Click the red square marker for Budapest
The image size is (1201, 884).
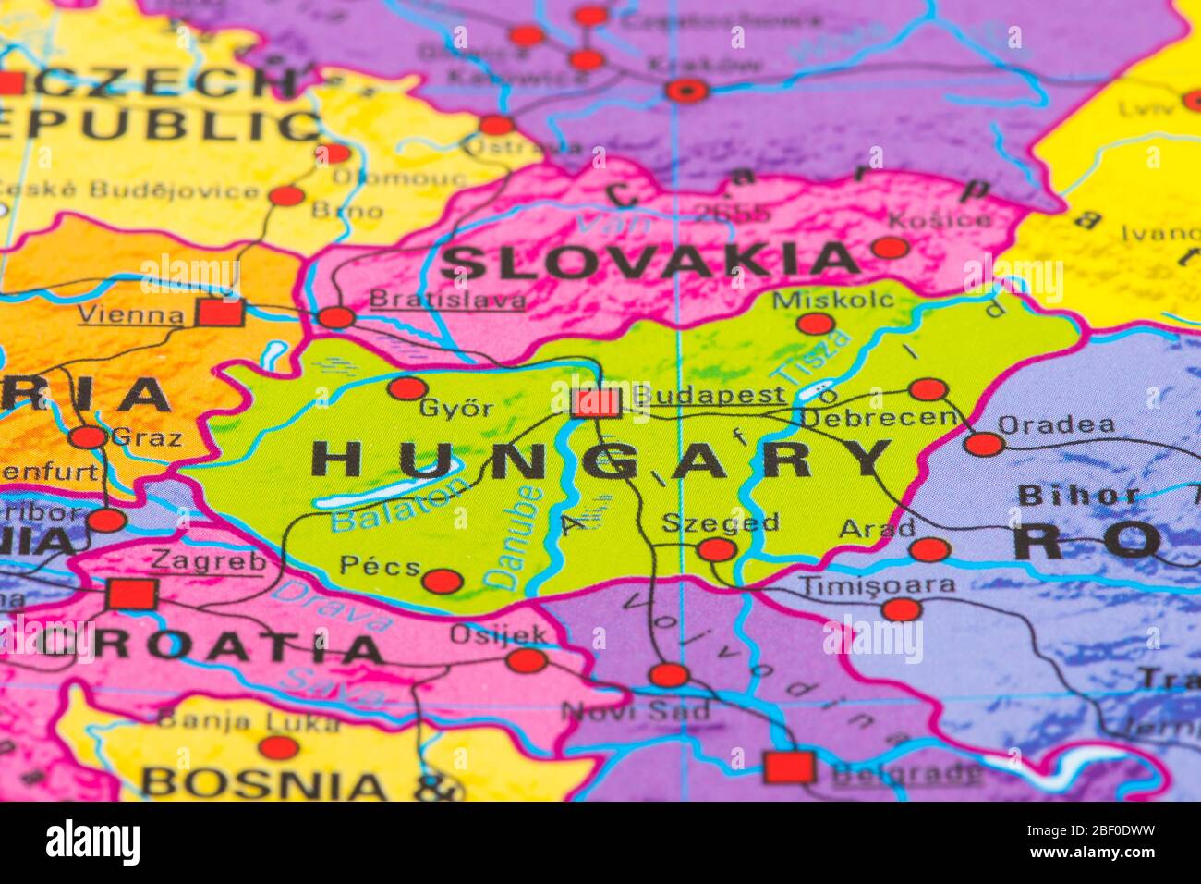597,404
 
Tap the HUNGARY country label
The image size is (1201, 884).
600,460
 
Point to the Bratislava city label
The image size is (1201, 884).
447,300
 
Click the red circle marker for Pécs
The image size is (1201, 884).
443,581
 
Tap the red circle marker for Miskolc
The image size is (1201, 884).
815,324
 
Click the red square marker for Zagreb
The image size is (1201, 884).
131,594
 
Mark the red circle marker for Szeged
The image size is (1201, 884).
716,550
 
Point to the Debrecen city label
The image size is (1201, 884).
878,418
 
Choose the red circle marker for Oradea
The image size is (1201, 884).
984,445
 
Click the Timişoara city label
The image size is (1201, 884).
877,584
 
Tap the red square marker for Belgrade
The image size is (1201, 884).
789,767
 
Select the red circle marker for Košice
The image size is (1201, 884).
890,248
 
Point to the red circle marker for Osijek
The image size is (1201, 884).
528,660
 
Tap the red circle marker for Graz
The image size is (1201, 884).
89,437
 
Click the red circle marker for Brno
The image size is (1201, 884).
286,196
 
